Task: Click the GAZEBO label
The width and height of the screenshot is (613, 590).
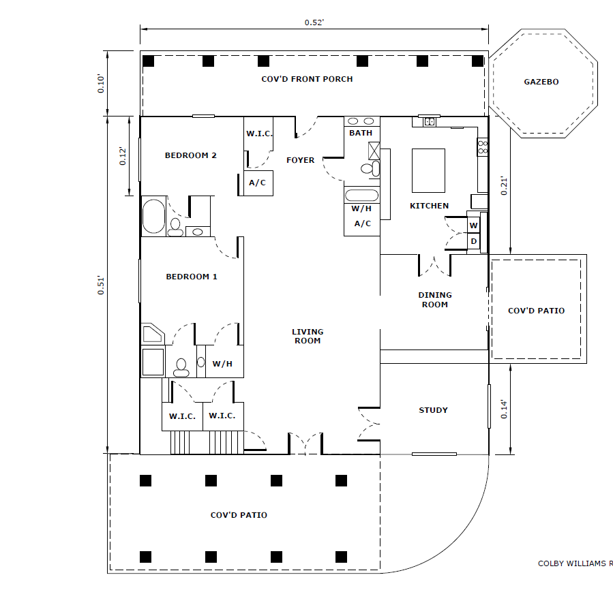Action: pyautogui.click(x=541, y=82)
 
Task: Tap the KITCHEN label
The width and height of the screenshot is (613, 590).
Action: pyautogui.click(x=429, y=206)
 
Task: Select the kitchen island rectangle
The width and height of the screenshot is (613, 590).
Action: pyautogui.click(x=428, y=170)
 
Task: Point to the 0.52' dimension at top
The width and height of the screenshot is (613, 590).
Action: pyautogui.click(x=314, y=22)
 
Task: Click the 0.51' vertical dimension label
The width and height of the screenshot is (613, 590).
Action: pyautogui.click(x=101, y=285)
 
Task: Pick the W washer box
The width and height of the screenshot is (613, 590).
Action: pyautogui.click(x=473, y=225)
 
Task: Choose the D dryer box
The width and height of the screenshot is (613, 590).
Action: pyautogui.click(x=473, y=241)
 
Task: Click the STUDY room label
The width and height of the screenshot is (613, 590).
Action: pyautogui.click(x=433, y=410)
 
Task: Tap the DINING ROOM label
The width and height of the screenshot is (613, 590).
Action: pyautogui.click(x=435, y=300)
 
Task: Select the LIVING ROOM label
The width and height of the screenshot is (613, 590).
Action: pyautogui.click(x=308, y=336)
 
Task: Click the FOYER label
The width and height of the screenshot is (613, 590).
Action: pyautogui.click(x=300, y=160)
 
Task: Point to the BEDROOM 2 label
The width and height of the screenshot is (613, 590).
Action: pyautogui.click(x=190, y=155)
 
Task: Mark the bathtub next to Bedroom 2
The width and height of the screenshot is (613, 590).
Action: pyautogui.click(x=153, y=217)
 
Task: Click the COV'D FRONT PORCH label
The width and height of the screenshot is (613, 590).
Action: pyautogui.click(x=307, y=79)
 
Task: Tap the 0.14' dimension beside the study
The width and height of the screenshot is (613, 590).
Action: pyautogui.click(x=504, y=409)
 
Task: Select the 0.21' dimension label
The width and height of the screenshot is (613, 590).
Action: pyautogui.click(x=504, y=186)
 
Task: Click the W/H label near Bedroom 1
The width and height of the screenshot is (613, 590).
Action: pyautogui.click(x=222, y=364)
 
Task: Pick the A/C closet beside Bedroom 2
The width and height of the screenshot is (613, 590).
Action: pyautogui.click(x=258, y=183)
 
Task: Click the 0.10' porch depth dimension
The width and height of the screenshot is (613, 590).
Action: pyautogui.click(x=101, y=83)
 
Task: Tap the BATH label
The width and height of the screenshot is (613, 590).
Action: pyautogui.click(x=361, y=133)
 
